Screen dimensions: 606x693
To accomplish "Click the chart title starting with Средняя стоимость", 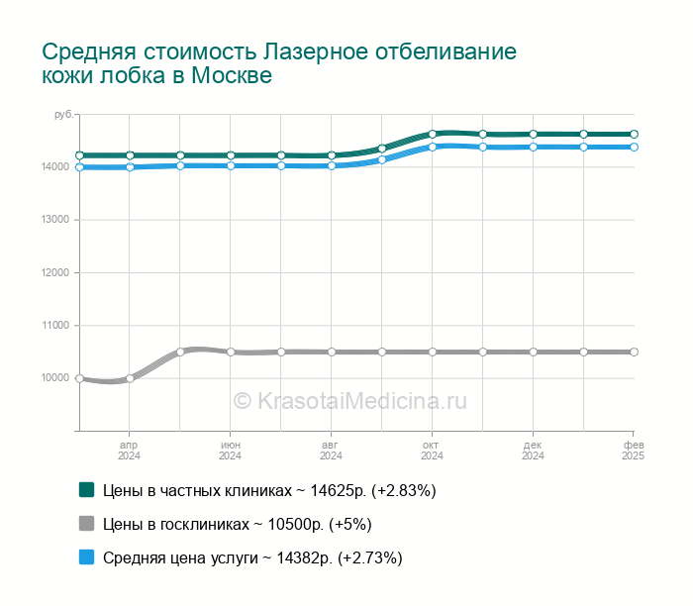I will [279, 62].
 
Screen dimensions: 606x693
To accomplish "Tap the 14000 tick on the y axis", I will [55, 166].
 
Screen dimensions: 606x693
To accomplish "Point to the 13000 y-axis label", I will [55, 220].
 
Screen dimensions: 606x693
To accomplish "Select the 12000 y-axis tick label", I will [55, 272].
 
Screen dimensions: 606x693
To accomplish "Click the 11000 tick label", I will [55, 325].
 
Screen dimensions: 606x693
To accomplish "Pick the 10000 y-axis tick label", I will [55, 378].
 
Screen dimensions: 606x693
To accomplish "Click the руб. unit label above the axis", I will [64, 116].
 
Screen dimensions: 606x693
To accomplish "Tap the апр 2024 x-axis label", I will [130, 451].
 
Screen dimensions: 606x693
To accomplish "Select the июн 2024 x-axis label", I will [231, 451].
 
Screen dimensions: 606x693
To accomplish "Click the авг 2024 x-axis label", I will [332, 451].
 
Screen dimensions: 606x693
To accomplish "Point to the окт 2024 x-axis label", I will [433, 451].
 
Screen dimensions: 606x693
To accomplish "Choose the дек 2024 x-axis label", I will [533, 451].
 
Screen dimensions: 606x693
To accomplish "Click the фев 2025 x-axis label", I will [633, 451].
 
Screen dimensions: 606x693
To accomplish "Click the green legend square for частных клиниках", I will [86, 490].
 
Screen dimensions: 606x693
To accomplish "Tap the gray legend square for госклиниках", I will [86, 524].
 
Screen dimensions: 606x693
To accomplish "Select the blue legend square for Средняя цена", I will [86, 557].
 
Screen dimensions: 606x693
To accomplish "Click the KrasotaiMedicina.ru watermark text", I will [349, 401].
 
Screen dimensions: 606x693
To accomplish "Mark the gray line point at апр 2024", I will [130, 378].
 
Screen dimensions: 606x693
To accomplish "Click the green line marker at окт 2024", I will [433, 134].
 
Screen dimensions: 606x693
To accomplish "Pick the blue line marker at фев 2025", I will [634, 147].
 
